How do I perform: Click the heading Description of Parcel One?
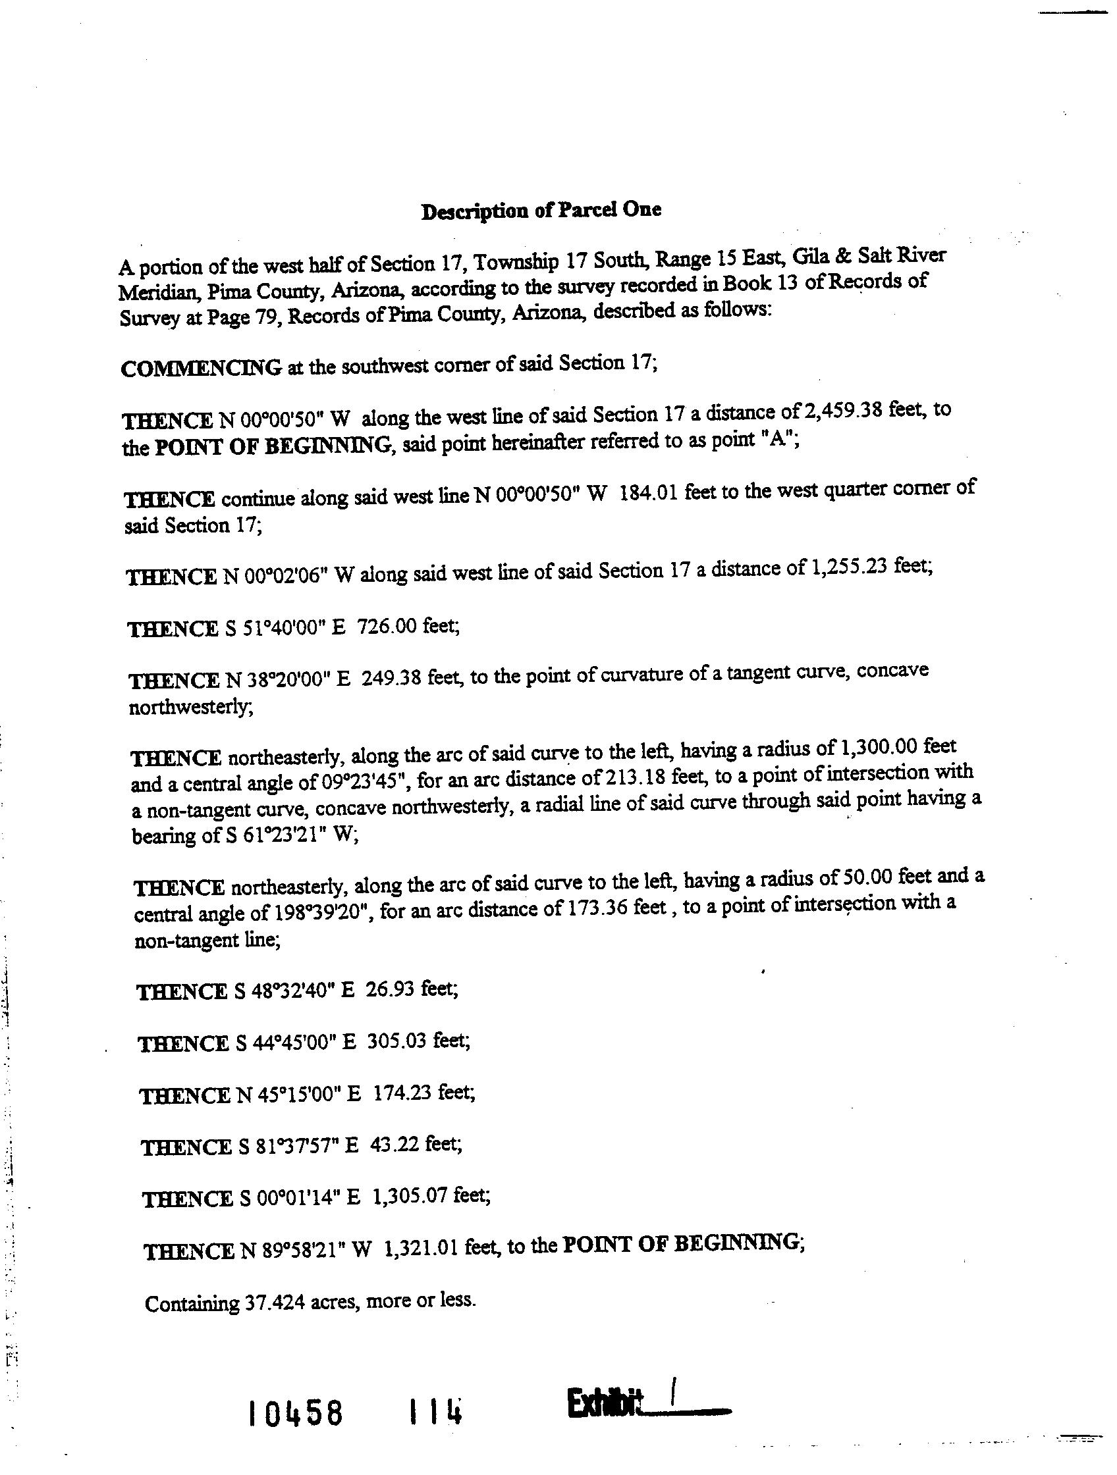click(541, 211)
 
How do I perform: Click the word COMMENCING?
click(201, 368)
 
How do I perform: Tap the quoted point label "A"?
click(777, 441)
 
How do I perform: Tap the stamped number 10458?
click(295, 1412)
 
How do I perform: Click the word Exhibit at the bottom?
click(604, 1403)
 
